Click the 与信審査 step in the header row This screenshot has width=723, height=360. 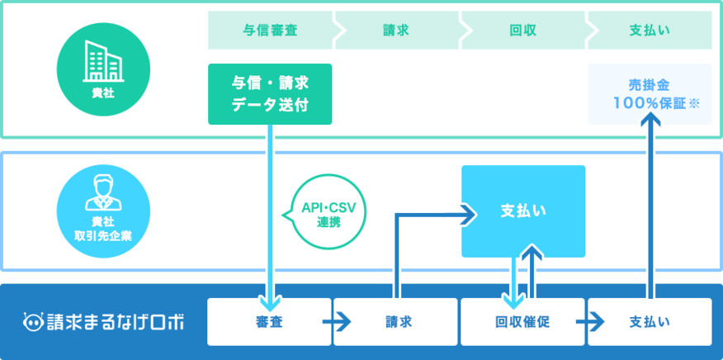(270, 31)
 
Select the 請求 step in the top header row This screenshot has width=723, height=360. (396, 31)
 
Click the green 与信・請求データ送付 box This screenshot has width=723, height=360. (270, 94)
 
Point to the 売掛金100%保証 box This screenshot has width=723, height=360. (650, 94)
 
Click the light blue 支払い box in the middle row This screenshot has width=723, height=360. (523, 211)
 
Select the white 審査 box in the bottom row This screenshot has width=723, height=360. (270, 322)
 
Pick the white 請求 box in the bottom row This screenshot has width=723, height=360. (396, 322)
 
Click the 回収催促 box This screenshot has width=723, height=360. (523, 322)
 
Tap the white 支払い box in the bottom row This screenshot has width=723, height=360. (650, 322)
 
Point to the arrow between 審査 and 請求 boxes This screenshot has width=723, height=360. (342, 322)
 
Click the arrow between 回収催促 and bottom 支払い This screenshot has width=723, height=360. (595, 322)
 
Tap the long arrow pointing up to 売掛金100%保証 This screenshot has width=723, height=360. (650, 206)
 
